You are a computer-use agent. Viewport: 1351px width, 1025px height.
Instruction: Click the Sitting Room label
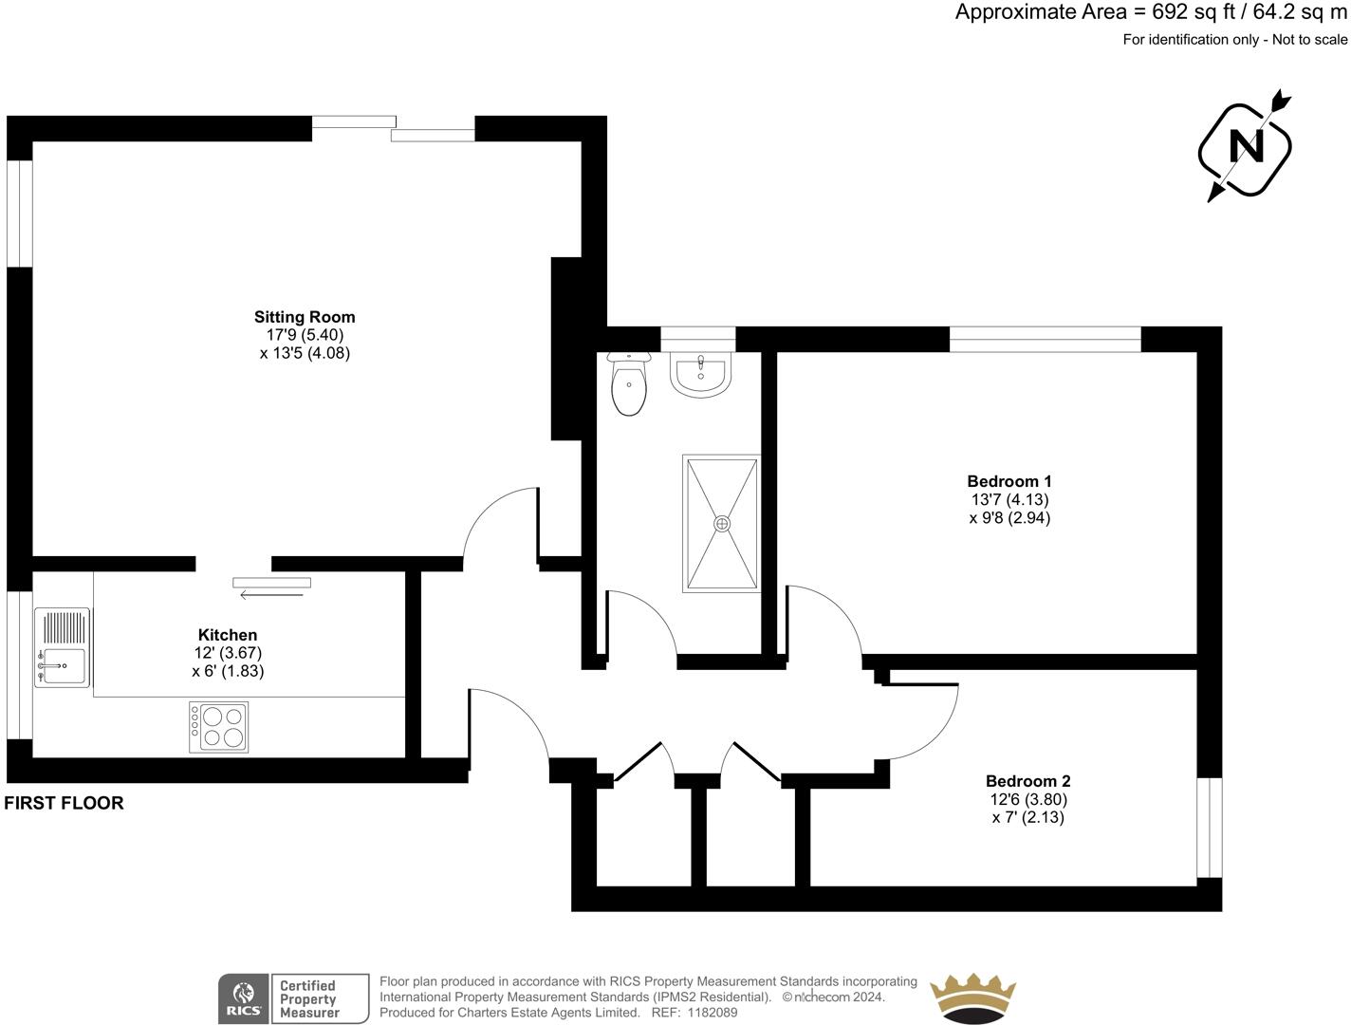(305, 317)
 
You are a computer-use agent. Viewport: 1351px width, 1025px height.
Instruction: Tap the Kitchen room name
(228, 635)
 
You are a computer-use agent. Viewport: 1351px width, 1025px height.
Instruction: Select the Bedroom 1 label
(1009, 481)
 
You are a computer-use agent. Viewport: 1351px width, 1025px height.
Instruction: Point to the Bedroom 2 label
(1027, 781)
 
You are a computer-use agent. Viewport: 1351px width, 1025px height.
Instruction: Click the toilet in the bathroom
(629, 383)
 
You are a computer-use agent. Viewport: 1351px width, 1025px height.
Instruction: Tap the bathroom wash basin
(700, 375)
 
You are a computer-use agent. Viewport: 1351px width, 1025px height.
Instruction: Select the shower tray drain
(721, 524)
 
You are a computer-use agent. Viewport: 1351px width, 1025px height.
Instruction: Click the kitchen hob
(218, 727)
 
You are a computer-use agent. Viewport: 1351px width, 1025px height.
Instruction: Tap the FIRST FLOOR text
(64, 803)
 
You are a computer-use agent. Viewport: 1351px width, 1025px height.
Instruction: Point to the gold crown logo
(972, 997)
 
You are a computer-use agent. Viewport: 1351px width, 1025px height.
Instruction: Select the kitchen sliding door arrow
(271, 595)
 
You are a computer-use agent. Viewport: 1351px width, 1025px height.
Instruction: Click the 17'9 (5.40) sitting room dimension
(305, 335)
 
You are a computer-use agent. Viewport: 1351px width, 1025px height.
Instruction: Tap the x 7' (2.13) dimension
(1027, 817)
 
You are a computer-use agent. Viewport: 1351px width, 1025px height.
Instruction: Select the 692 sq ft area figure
(1193, 12)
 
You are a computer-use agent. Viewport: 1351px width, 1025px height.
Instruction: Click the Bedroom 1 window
(1045, 339)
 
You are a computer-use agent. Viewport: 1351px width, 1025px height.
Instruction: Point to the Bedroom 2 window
(1210, 828)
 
